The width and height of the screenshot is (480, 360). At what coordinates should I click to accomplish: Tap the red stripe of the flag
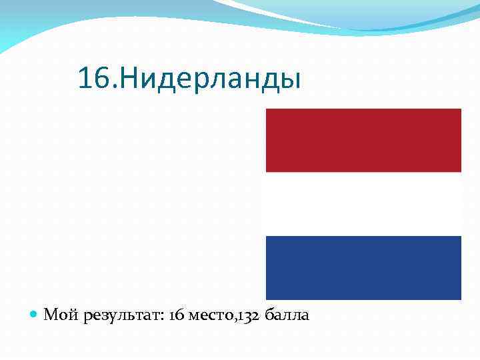[x=363, y=140]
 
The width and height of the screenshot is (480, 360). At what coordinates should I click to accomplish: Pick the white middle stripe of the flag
[x=363, y=203]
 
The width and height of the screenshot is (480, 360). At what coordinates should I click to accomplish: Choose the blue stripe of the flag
[x=363, y=267]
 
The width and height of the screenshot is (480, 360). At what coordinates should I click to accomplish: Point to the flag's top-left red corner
[x=268, y=111]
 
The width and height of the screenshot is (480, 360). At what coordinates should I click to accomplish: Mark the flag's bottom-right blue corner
[x=459, y=297]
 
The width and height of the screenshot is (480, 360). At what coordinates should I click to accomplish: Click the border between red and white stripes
[x=363, y=172]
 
